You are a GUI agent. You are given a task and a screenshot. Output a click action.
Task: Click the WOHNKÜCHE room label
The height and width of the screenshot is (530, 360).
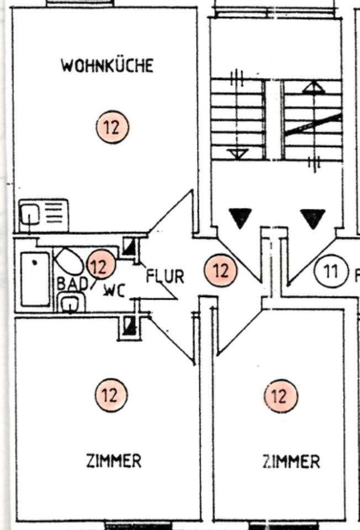click(107, 66)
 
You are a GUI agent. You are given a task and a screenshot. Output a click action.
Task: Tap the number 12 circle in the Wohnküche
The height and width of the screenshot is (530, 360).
click(112, 127)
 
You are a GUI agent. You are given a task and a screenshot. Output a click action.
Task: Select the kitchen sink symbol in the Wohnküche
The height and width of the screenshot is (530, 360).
click(44, 215)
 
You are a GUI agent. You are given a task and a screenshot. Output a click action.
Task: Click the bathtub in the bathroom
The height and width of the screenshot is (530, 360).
click(35, 279)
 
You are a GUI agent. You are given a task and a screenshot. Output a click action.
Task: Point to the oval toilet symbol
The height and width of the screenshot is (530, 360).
click(69, 261)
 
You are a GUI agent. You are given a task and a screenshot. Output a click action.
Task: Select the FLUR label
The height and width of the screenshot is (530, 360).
click(165, 275)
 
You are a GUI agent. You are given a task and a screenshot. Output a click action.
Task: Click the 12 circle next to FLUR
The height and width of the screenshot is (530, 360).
click(220, 271)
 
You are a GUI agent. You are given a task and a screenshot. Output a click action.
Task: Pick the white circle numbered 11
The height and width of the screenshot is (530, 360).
click(331, 272)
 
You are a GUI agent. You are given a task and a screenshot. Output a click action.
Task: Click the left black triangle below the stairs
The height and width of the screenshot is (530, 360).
click(240, 218)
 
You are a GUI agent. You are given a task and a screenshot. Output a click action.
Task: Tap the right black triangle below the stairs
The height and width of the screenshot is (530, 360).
click(313, 218)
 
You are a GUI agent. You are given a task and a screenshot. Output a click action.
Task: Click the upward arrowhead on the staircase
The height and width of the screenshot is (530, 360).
click(313, 87)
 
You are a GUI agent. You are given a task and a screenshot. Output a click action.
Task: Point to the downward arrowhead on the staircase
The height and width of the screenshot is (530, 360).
click(237, 154)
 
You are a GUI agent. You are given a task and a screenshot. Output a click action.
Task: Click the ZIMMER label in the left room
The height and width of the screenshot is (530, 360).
click(113, 460)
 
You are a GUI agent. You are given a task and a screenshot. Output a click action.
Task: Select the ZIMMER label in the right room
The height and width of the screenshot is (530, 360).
click(291, 462)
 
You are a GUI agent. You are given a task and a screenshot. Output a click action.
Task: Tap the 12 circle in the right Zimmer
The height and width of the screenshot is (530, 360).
click(280, 396)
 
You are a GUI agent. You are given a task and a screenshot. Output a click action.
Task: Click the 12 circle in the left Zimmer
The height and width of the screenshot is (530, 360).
click(111, 395)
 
